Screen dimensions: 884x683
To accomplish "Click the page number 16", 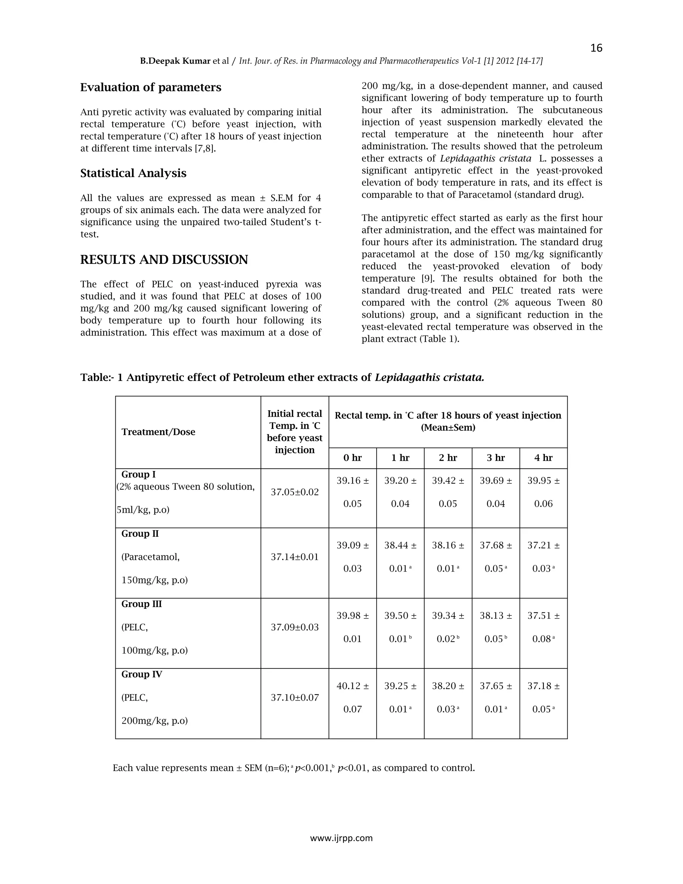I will tap(596, 48).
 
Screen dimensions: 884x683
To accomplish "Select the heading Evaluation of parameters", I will tap(150, 87).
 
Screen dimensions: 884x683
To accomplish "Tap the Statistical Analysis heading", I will tap(133, 173).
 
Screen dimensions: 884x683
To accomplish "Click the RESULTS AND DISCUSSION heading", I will tap(164, 260).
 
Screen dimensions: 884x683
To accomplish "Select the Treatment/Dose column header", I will tap(158, 432).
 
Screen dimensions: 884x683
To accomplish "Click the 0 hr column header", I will tap(353, 458).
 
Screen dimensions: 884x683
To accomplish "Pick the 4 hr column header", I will tap(543, 458).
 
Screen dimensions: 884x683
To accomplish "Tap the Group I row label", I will tap(138, 474).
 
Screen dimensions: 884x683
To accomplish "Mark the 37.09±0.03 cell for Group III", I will tap(294, 627).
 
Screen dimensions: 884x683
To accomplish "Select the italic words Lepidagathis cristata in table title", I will tap(429, 378).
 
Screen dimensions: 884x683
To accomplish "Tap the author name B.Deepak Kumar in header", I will tap(175, 61).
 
